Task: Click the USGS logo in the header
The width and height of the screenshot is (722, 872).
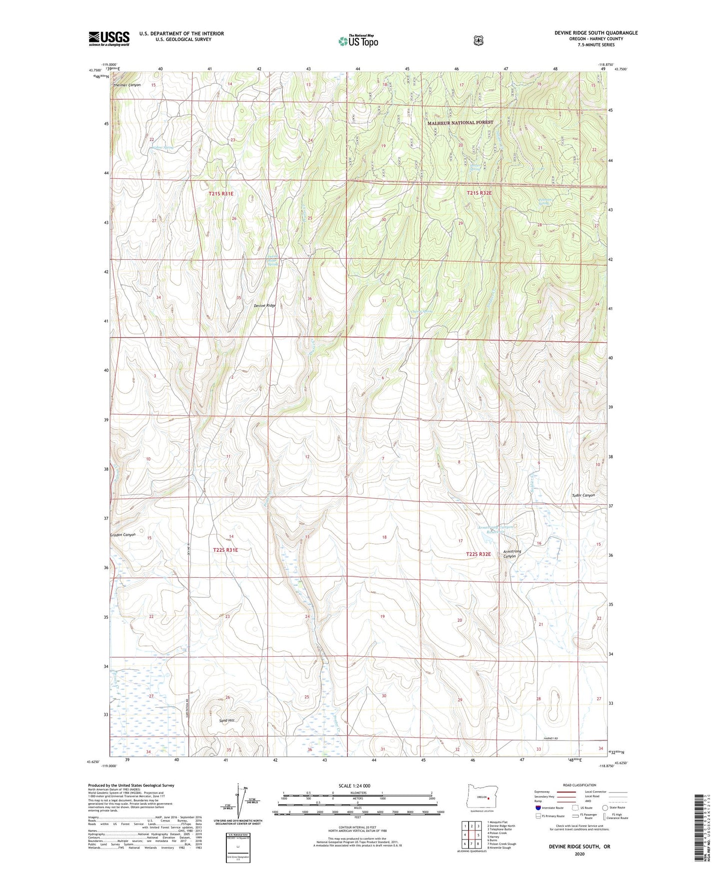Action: (x=109, y=38)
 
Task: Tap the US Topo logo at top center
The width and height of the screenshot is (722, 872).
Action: (x=357, y=41)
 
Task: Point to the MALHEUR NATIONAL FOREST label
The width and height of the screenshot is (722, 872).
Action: (x=460, y=122)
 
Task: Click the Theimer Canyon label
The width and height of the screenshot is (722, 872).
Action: (x=127, y=85)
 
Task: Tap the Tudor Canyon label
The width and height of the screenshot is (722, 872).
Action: (x=583, y=495)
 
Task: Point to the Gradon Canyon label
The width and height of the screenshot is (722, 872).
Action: (x=123, y=535)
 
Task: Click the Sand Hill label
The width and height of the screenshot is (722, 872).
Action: (x=226, y=721)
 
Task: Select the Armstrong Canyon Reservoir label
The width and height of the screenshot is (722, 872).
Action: (x=497, y=529)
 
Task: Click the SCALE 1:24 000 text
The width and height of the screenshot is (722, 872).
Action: (x=354, y=786)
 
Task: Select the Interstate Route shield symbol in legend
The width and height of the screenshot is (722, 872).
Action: (x=538, y=808)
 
